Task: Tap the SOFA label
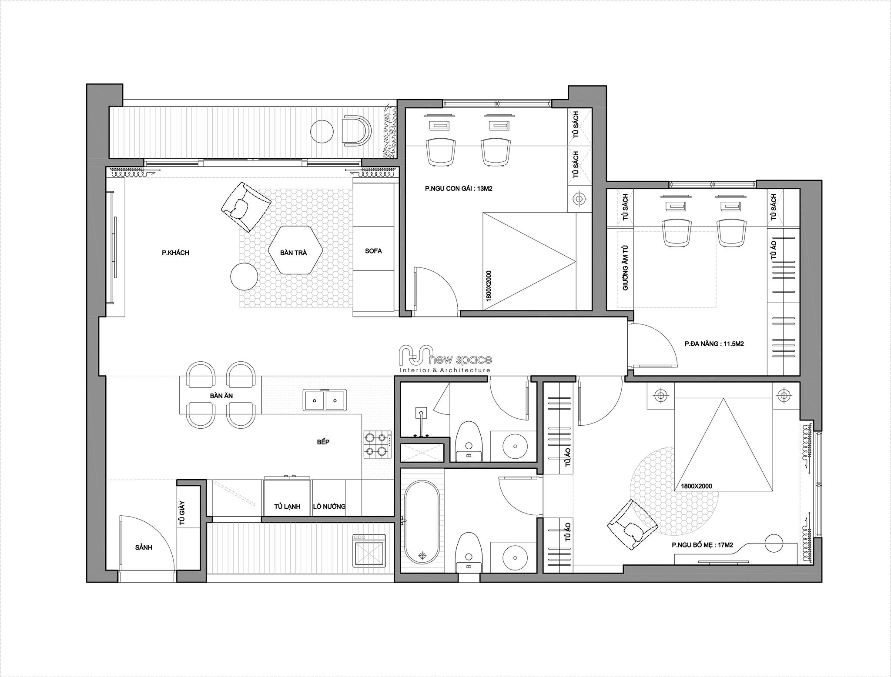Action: tap(373, 251)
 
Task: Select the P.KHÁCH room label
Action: tap(175, 253)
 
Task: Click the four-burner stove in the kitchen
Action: tap(377, 444)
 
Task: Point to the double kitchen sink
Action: tap(325, 400)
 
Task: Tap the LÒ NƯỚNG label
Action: tap(329, 506)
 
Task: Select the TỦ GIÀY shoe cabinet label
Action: tap(182, 513)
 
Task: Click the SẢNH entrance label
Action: tap(144, 547)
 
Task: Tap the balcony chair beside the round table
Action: tap(356, 129)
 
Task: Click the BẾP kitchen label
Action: tap(323, 442)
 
